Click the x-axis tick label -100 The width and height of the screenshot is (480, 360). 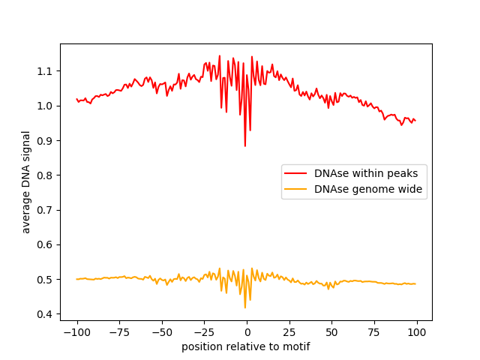coord(76,333)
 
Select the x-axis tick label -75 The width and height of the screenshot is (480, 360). coord(119,333)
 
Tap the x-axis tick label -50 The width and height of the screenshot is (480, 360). coord(161,333)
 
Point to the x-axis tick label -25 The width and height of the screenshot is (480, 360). coord(204,333)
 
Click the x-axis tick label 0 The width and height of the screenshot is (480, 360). coord(247,333)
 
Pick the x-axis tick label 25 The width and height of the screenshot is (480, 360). coord(289,333)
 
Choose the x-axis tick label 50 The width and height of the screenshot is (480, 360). coord(332,333)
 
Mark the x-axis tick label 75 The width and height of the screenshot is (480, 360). coord(374,333)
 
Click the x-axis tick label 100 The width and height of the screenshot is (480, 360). coord(417,333)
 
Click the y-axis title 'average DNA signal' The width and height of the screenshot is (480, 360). coord(26,182)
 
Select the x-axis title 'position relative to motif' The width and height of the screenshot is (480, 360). coord(246,346)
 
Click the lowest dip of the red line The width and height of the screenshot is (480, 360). coord(245,145)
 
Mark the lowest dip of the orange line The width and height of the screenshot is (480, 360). coord(245,307)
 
